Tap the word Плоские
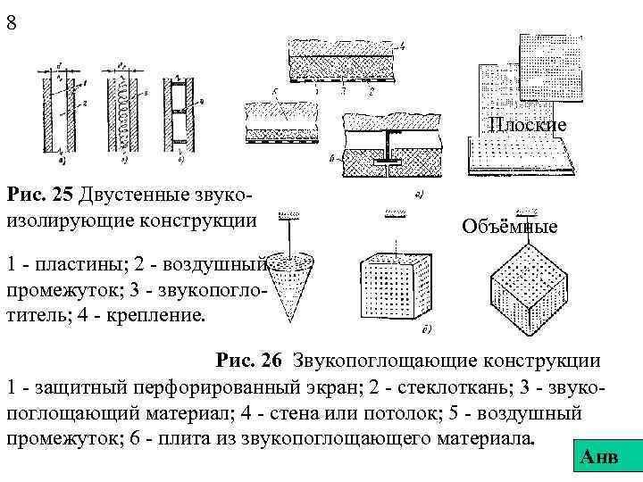click(527, 125)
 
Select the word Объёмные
click(509, 227)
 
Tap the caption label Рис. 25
click(41, 195)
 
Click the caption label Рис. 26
click(248, 361)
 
